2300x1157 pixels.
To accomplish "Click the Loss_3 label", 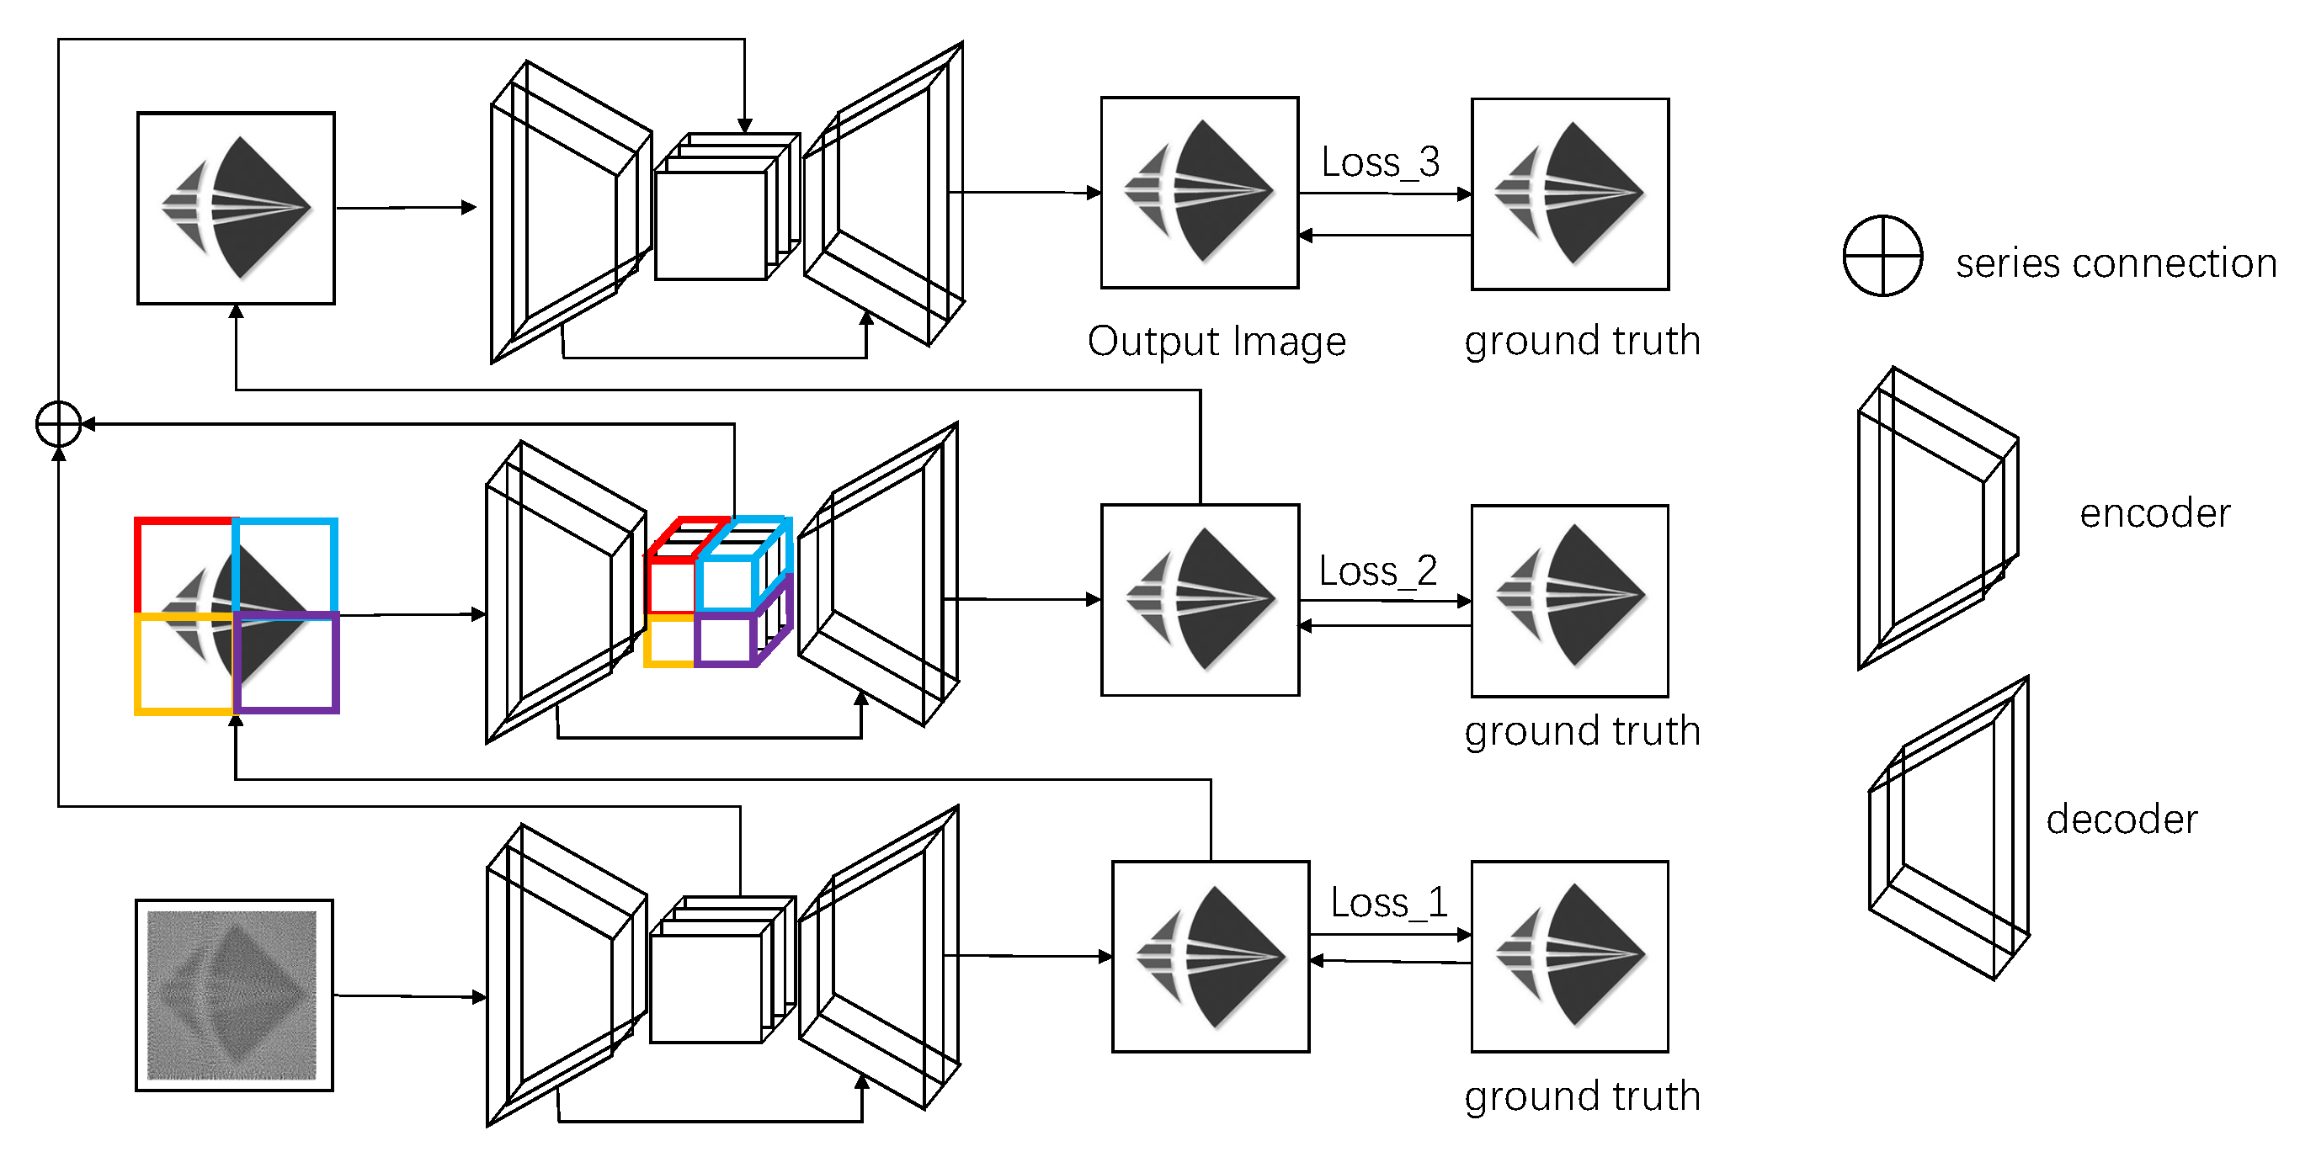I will (x=1380, y=162).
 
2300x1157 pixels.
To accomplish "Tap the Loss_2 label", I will (x=1377, y=571).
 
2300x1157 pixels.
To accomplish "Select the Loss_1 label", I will (x=1388, y=903).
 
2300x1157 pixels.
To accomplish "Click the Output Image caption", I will (x=1216, y=342).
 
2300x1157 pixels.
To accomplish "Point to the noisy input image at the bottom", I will (x=234, y=995).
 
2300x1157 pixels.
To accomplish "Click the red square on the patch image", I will (x=183, y=565).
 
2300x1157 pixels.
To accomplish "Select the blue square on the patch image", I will (x=285, y=565).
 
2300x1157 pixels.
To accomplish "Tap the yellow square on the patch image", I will (x=183, y=665).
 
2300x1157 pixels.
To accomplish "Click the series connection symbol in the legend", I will (x=1882, y=255).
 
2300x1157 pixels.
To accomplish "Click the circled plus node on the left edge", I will (x=59, y=424).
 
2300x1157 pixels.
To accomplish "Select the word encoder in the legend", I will (x=2154, y=514).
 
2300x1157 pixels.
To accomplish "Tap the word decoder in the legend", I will (x=2122, y=820).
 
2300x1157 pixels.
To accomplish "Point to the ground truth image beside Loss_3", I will (x=1569, y=194).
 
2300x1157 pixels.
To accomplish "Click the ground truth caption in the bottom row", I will (x=1582, y=1096).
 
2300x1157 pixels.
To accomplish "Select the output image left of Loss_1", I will (x=1210, y=956).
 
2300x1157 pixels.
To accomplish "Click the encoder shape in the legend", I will (x=1937, y=517).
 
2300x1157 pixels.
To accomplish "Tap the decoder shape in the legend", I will (x=1950, y=829).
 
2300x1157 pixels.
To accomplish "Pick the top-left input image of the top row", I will (x=236, y=208).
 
